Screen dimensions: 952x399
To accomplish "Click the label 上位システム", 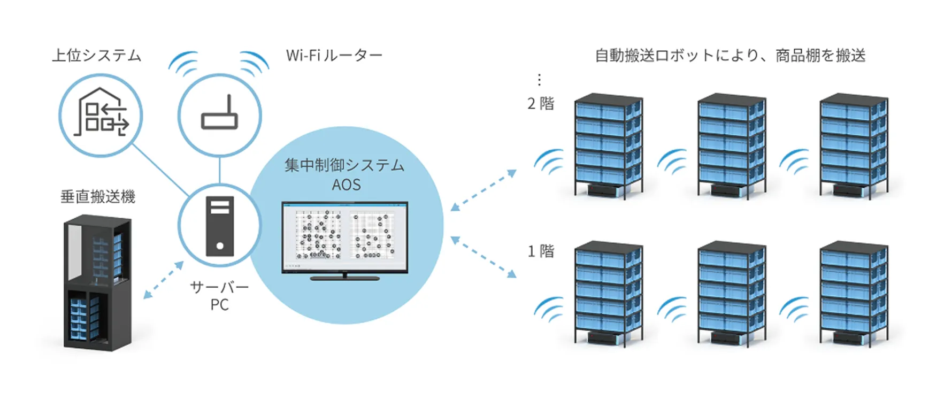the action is [97, 56].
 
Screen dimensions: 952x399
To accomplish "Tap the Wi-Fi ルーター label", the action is [334, 55].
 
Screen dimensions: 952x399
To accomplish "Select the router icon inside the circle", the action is [219, 113].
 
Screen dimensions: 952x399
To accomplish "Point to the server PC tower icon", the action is [220, 226].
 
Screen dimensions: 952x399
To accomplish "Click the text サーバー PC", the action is [220, 296].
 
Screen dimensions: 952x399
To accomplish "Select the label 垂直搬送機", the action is [98, 197].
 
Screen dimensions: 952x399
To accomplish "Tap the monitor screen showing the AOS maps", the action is [345, 237].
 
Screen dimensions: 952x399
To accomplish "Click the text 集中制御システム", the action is [344, 165].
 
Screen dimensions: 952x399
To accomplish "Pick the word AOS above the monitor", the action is [346, 185].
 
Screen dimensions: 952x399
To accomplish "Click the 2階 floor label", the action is [541, 103].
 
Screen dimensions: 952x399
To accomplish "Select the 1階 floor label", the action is [541, 251].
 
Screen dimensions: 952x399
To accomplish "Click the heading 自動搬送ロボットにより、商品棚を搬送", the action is [730, 56].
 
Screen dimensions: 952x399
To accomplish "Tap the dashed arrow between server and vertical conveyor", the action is [164, 280].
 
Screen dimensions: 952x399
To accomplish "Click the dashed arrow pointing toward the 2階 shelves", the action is [483, 190].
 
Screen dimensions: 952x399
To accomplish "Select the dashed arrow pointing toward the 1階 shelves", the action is [483, 257].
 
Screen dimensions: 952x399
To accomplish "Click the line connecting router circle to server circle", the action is [220, 170].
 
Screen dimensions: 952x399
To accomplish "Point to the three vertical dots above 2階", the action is [539, 80].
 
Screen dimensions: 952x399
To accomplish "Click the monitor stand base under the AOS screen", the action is [345, 278].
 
